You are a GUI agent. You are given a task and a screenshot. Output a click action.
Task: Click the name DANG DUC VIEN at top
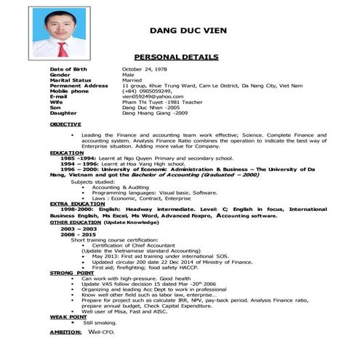point(188,31)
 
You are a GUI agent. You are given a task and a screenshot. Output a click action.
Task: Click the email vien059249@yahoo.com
point(152,96)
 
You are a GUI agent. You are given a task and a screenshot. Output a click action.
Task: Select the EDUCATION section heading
point(66,152)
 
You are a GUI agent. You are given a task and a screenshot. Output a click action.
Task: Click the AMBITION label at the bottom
point(65,332)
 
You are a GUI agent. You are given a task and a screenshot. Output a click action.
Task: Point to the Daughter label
point(63,113)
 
